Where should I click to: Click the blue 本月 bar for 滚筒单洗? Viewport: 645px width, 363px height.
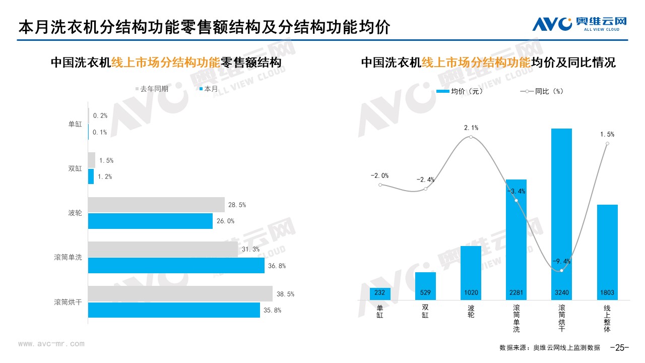[x=176, y=265]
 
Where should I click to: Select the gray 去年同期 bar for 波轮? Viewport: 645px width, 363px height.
[x=156, y=205]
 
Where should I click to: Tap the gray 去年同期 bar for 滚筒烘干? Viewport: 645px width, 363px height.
[x=180, y=293]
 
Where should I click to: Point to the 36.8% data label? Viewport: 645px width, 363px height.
[x=275, y=266]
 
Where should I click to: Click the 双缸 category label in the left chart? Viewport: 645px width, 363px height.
[x=75, y=168]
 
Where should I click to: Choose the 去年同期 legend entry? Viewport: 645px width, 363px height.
[x=152, y=89]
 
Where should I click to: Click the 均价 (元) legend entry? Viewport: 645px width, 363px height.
[x=459, y=91]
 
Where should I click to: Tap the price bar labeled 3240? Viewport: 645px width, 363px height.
[x=561, y=212]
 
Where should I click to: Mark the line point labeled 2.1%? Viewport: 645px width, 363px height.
[x=471, y=137]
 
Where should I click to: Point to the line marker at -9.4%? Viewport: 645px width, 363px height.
[x=561, y=271]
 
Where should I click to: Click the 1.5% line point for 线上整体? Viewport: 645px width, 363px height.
[x=607, y=144]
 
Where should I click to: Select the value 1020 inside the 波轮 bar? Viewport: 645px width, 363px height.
[x=471, y=293]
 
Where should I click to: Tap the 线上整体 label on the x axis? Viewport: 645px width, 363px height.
[x=607, y=318]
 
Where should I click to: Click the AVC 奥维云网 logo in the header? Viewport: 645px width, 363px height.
[x=579, y=23]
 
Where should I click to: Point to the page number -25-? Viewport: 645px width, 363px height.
[x=620, y=347]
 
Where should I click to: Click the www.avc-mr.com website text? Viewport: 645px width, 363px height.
[x=51, y=344]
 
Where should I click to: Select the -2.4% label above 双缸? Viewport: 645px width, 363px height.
[x=425, y=179]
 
